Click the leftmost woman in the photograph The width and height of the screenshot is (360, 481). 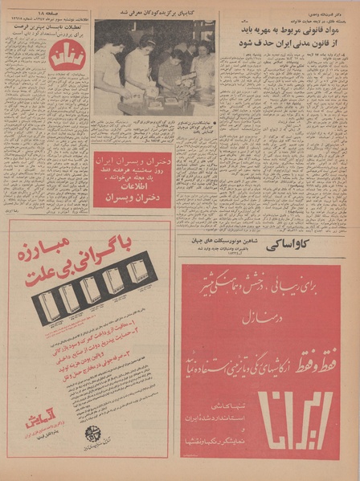point(106,68)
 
